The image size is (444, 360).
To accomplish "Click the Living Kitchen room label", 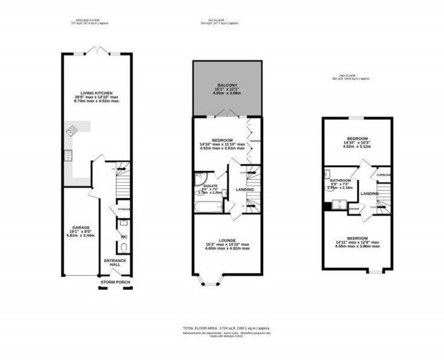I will click(x=97, y=92).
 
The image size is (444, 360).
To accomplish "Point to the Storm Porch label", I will click(x=114, y=282).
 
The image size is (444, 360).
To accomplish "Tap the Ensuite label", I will click(x=210, y=186).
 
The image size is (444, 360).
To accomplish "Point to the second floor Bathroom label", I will click(x=341, y=181).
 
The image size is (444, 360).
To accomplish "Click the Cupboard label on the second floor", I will click(x=384, y=175).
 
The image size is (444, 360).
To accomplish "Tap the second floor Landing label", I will click(x=370, y=193).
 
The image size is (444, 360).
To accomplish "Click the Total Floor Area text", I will click(x=227, y=328).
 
